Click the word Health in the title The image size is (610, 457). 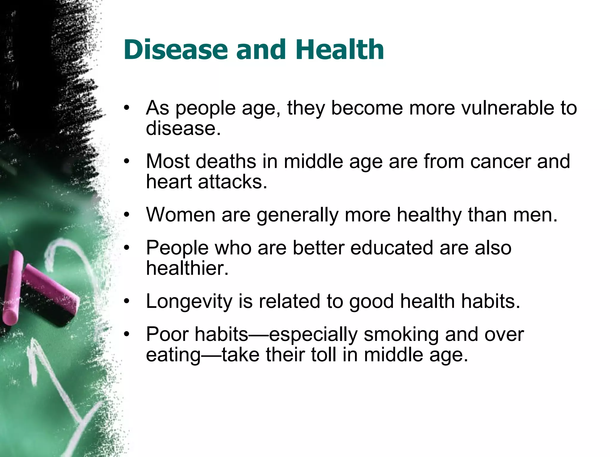coord(340,50)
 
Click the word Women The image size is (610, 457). coord(180,215)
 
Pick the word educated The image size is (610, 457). coord(391,248)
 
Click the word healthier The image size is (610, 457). coord(187,268)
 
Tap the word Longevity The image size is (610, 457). coord(189,301)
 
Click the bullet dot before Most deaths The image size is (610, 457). coord(127,162)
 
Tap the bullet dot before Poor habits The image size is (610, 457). coord(127,334)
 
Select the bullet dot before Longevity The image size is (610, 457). coord(127,301)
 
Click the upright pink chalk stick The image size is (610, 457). coord(13,289)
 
